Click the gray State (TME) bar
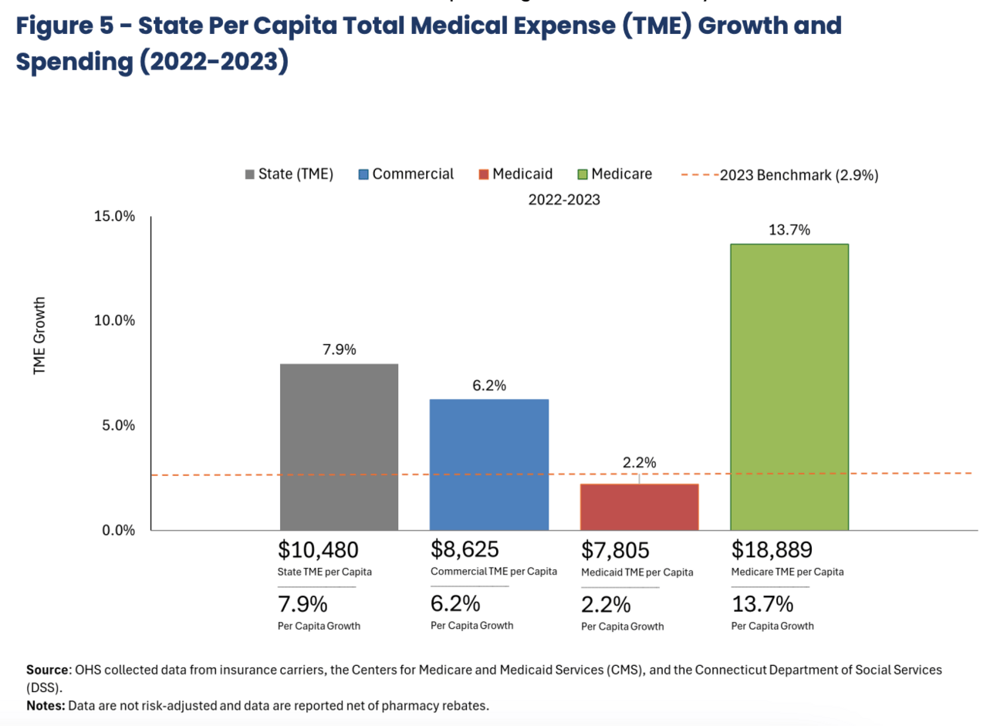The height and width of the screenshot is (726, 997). click(x=339, y=447)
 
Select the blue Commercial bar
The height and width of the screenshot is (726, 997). click(x=489, y=464)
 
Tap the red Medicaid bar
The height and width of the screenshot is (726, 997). click(x=639, y=507)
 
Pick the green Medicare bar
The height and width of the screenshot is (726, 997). click(x=789, y=387)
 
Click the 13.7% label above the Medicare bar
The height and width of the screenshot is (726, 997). click(x=789, y=230)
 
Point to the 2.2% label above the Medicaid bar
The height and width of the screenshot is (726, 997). click(x=639, y=463)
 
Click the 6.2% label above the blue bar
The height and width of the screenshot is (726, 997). click(x=489, y=386)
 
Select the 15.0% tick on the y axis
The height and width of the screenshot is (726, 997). click(x=114, y=217)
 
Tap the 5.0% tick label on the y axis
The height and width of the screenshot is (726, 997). click(x=118, y=426)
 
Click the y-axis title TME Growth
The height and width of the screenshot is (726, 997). click(x=39, y=336)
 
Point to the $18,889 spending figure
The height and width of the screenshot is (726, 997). click(x=772, y=550)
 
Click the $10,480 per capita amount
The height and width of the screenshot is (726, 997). click(x=318, y=550)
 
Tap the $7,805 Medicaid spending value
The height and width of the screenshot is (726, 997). click(x=615, y=551)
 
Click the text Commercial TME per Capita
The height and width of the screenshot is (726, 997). click(x=494, y=572)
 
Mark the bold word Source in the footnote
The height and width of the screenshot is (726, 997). click(x=47, y=670)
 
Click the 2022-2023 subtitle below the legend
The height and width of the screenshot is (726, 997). click(x=564, y=200)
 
